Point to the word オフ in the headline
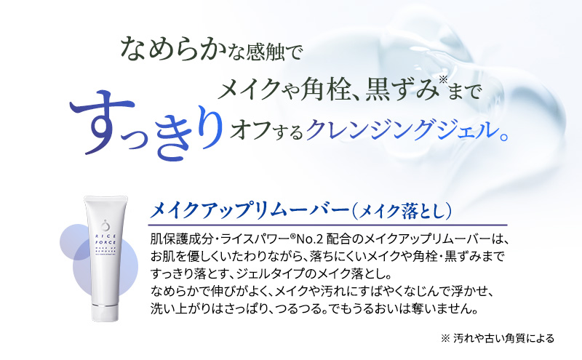(247, 129)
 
